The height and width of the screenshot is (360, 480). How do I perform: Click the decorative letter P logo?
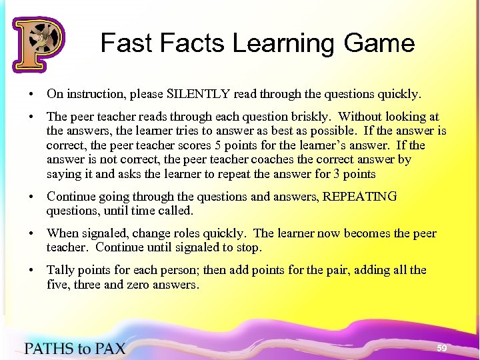(x=37, y=45)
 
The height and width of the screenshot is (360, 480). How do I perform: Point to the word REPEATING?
(x=360, y=197)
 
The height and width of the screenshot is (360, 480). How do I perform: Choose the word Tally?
(x=61, y=270)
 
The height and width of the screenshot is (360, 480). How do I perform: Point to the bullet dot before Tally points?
(x=32, y=270)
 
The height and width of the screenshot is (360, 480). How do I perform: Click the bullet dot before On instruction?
(x=32, y=94)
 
